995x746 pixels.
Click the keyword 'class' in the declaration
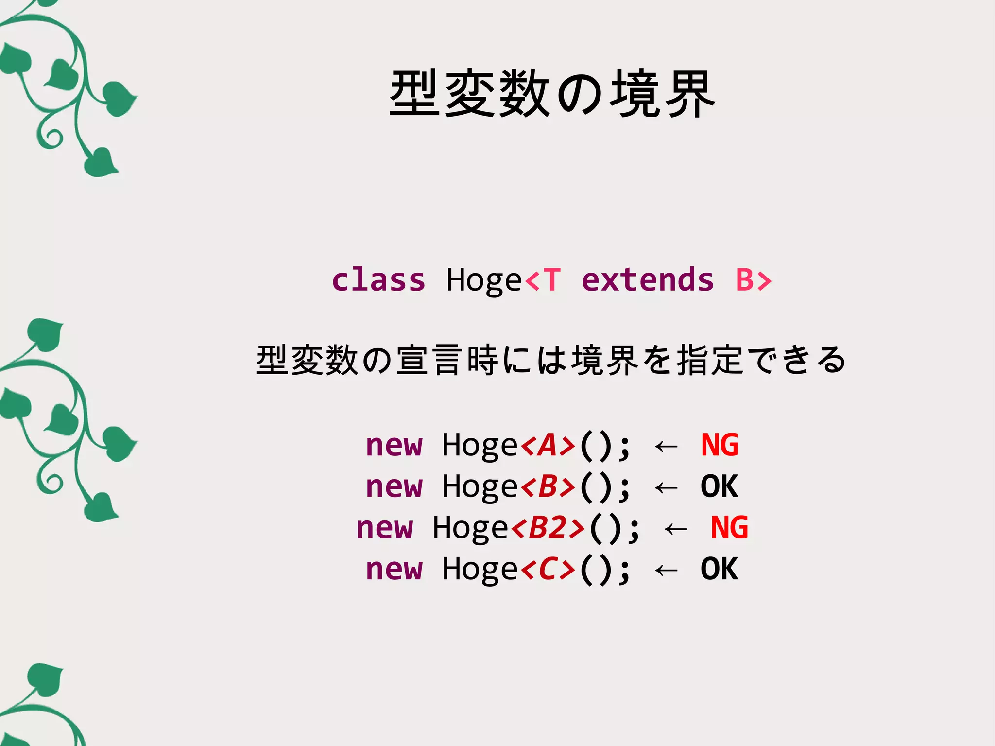coord(378,280)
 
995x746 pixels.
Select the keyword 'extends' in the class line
coord(648,280)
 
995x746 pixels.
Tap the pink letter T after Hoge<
coord(552,280)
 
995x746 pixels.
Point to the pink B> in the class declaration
coord(753,280)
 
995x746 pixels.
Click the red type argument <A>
coord(548,445)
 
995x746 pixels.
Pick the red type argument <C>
coord(548,569)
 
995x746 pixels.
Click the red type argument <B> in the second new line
coord(548,486)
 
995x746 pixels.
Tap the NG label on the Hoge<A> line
coord(720,445)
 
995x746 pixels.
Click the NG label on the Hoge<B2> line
coord(729,528)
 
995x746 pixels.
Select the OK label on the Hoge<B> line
coord(720,486)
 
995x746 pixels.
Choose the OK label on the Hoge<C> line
coord(720,569)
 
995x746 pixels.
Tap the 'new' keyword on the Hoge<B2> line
coord(385,528)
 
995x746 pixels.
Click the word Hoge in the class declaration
coord(484,280)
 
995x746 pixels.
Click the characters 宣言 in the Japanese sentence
coord(429,360)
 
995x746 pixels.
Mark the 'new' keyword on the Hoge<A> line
coord(395,445)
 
